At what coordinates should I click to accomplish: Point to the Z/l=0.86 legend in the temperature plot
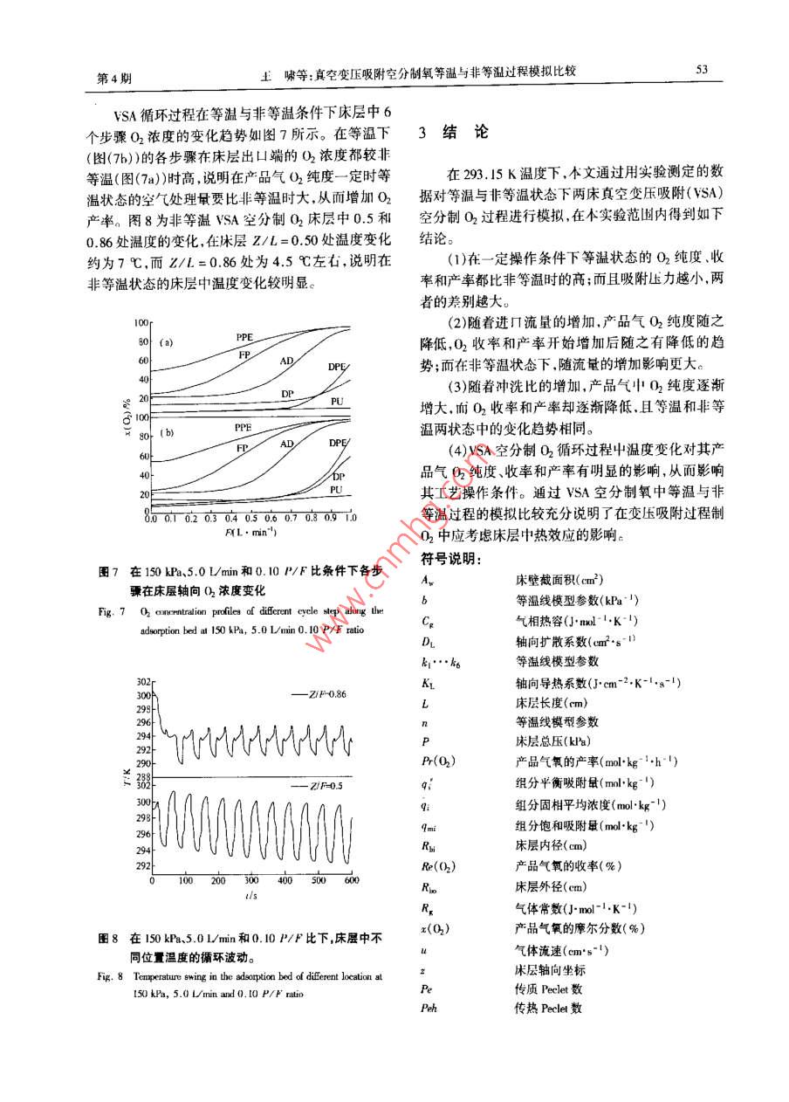coord(320,693)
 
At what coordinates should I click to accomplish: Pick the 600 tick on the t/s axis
coord(351,881)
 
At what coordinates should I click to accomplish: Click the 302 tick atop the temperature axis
coord(143,681)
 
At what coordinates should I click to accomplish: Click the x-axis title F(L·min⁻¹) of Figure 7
coord(250,532)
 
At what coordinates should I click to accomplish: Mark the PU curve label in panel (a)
coord(336,400)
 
